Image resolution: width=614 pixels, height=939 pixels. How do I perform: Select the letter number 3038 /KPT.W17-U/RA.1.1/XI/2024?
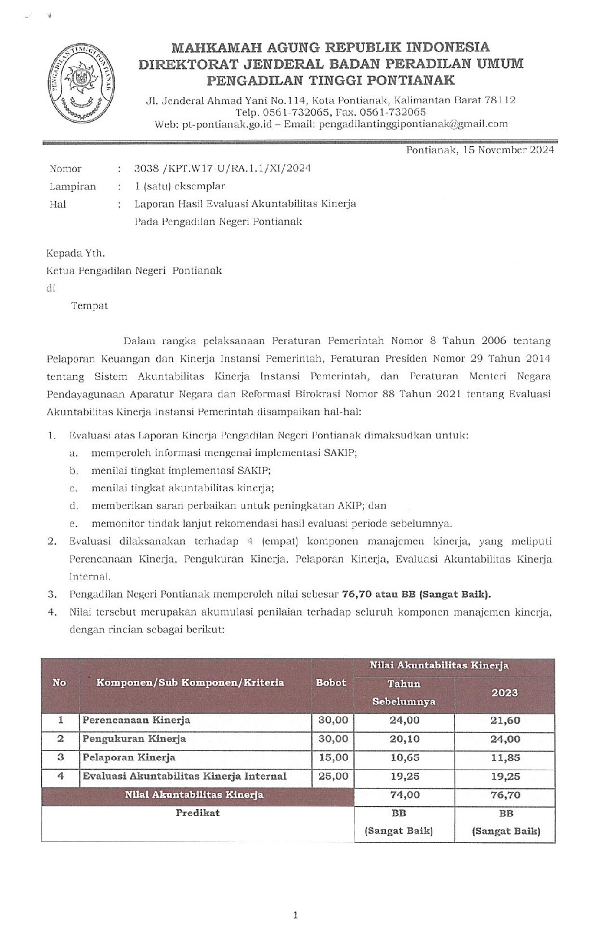[222, 168]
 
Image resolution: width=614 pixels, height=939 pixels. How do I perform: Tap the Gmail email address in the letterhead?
[413, 124]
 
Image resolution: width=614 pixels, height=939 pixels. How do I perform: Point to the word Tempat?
[89, 306]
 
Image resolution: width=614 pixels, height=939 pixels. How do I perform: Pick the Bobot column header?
[331, 682]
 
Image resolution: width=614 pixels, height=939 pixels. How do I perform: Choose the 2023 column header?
[505, 692]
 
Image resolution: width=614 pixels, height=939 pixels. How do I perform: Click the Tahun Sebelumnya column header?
[404, 692]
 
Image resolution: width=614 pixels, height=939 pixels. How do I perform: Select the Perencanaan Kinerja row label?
[137, 720]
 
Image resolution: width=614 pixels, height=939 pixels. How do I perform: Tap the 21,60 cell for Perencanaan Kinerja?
[505, 721]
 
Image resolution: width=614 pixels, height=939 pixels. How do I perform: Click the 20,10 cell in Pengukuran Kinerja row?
[405, 739]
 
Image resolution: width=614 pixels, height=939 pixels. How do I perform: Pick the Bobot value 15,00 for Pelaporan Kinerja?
[333, 757]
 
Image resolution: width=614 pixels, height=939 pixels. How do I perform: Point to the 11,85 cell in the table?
[505, 758]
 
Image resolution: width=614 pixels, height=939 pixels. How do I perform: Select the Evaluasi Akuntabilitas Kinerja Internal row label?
[185, 776]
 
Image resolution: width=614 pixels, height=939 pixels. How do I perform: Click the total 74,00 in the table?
[405, 795]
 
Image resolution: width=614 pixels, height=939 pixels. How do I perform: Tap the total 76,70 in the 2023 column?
[505, 795]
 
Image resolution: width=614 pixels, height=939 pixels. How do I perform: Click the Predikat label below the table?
[198, 813]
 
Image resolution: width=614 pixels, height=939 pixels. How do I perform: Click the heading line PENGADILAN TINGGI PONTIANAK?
[331, 80]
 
